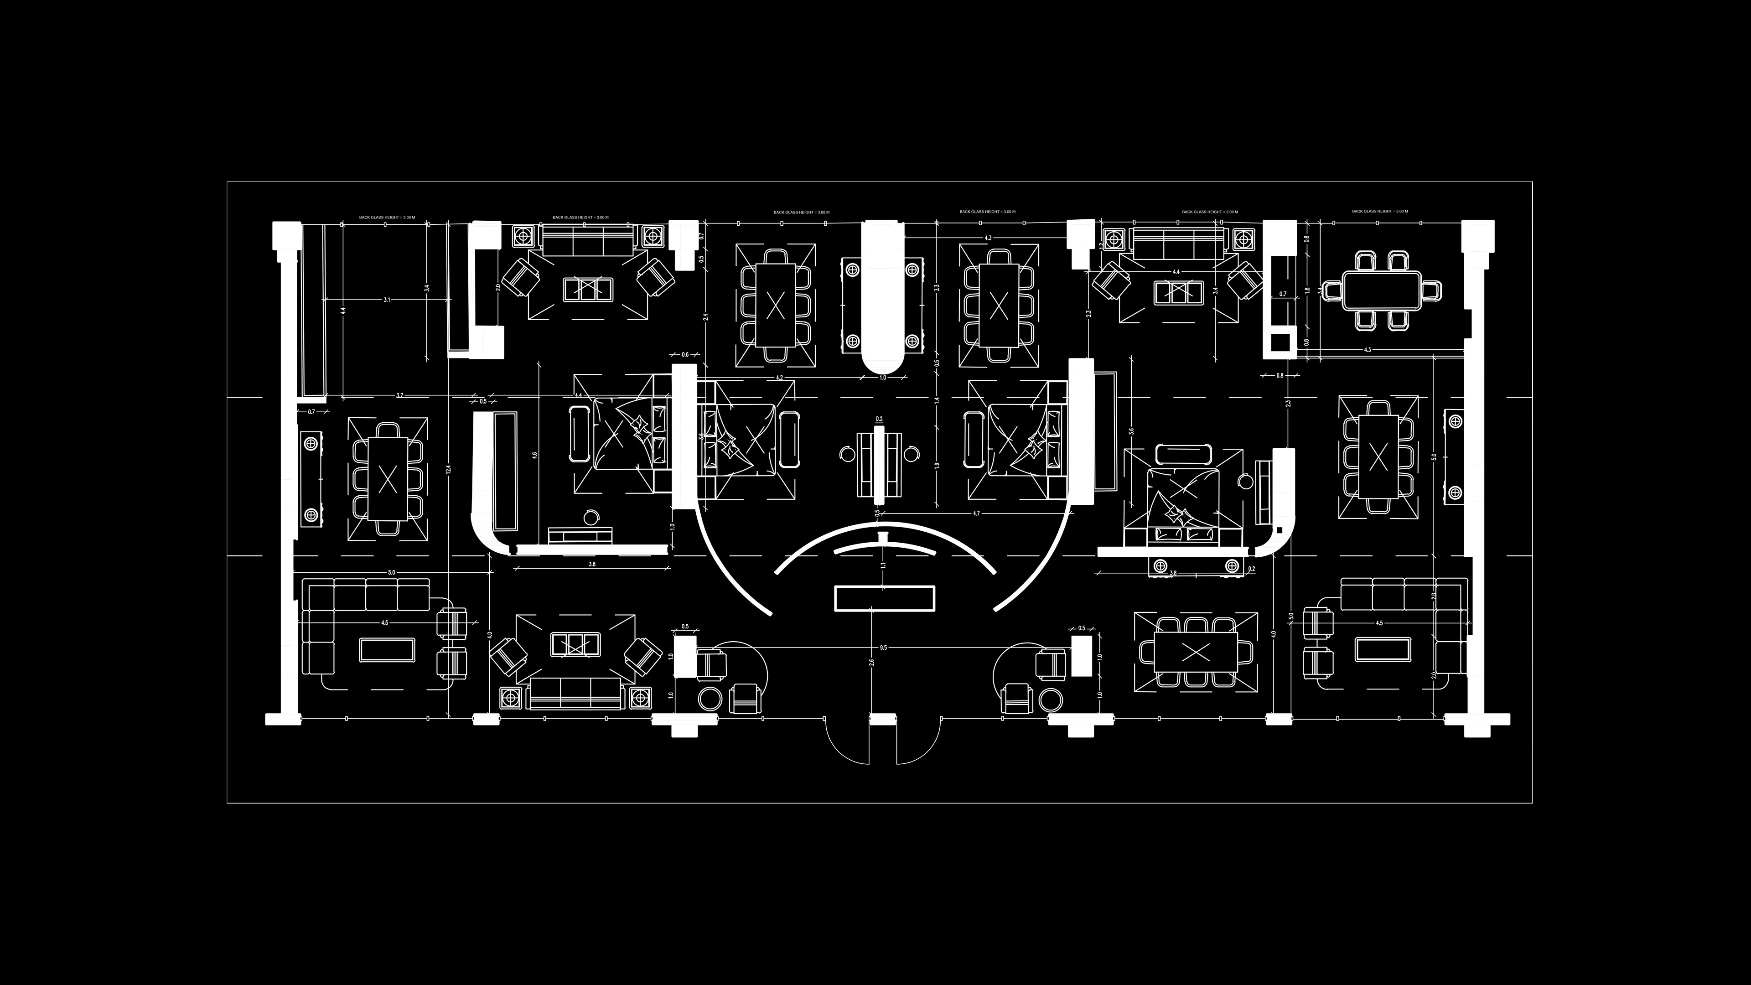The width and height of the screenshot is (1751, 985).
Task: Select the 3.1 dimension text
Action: click(x=387, y=299)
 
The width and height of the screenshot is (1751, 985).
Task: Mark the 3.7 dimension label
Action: click(x=400, y=395)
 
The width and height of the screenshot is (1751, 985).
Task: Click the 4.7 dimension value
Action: click(x=976, y=513)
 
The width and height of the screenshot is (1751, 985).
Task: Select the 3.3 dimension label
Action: click(x=937, y=288)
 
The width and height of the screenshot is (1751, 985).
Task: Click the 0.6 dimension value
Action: click(x=684, y=355)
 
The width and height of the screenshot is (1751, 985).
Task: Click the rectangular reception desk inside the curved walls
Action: click(x=884, y=597)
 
